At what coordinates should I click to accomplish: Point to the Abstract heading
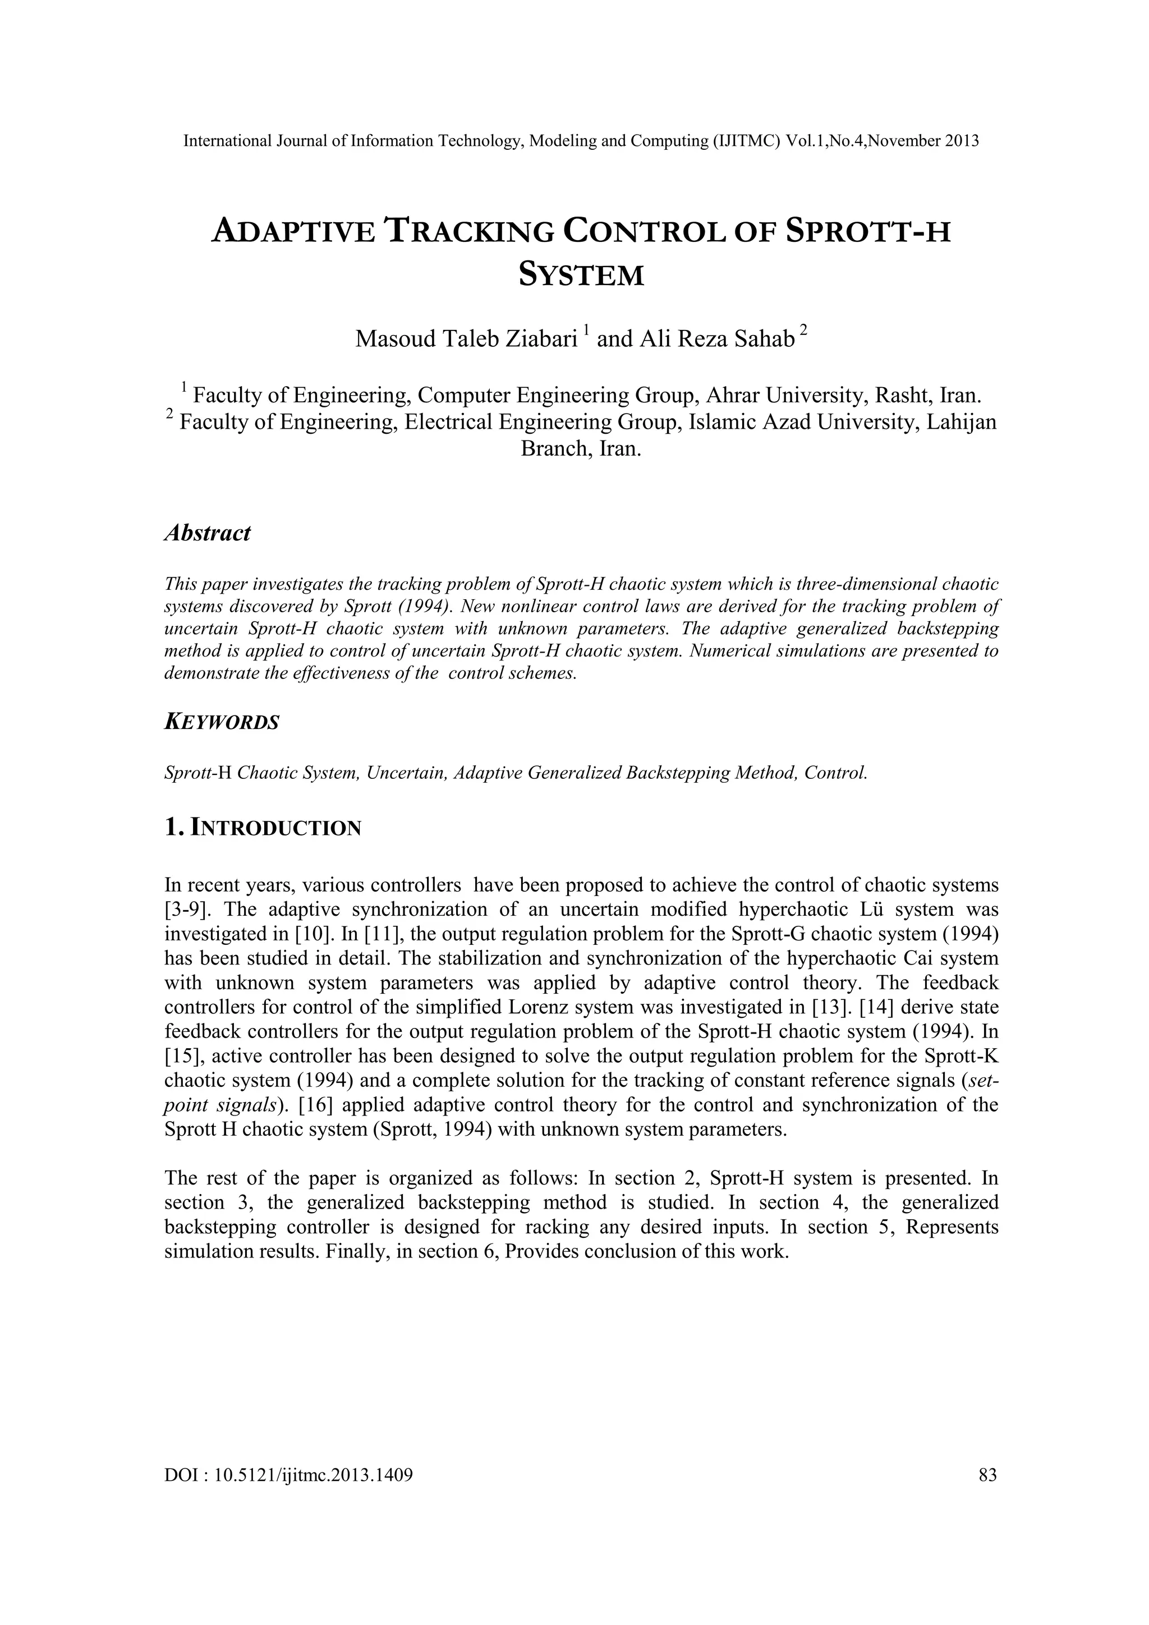tap(206, 533)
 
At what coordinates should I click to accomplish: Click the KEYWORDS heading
tap(222, 723)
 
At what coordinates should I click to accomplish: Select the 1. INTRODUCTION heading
tap(263, 827)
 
